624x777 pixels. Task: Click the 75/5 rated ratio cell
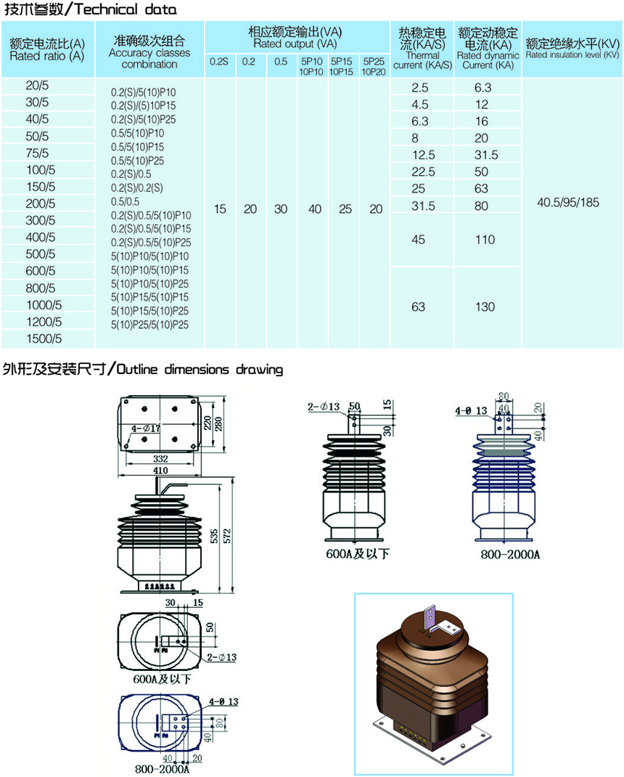[x=37, y=153]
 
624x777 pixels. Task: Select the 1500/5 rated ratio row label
[x=44, y=339]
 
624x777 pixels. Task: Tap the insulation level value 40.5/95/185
[x=568, y=202]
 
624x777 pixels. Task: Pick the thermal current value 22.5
[x=424, y=172]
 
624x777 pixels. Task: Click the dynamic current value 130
[x=485, y=306]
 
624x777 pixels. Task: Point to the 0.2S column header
[x=219, y=62]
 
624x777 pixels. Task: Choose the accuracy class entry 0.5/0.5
[x=126, y=202]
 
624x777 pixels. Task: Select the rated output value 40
[x=315, y=209]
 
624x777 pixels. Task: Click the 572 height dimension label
[x=227, y=536]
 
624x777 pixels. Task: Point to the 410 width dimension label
[x=160, y=471]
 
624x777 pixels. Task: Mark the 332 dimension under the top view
[x=160, y=459]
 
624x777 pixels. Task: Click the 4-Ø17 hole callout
[x=146, y=428]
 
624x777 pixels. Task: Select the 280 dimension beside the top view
[x=218, y=423]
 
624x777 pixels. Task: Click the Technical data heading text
[x=126, y=9]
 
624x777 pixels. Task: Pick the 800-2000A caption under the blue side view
[x=510, y=554]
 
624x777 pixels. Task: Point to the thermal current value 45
[x=419, y=240]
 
